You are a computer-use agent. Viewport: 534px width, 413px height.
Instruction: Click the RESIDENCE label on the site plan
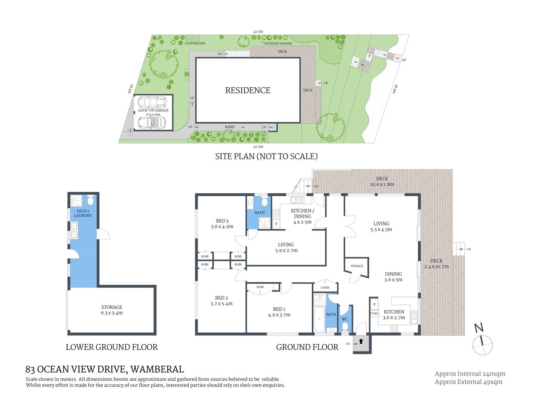(x=248, y=90)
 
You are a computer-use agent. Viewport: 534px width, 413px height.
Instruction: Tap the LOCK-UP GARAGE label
(x=153, y=110)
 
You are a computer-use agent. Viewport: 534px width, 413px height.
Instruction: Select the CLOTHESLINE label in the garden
(x=195, y=43)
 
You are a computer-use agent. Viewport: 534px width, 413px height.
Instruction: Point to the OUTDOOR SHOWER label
(x=277, y=43)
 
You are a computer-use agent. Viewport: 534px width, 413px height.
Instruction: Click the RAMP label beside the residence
(x=230, y=127)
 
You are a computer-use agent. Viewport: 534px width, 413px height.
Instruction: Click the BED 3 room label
(x=222, y=221)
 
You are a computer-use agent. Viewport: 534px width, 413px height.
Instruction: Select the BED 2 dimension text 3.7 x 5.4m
(x=221, y=304)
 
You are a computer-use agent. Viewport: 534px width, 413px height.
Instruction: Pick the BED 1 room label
(x=279, y=309)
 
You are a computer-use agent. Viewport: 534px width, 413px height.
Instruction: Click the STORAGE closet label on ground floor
(x=356, y=266)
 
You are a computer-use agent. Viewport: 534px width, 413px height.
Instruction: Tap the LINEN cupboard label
(x=325, y=287)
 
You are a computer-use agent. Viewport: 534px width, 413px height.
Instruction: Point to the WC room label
(x=345, y=319)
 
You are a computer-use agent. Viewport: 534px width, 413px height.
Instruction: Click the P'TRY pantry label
(x=374, y=314)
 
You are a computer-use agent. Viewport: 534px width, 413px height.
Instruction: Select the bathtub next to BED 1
(x=319, y=320)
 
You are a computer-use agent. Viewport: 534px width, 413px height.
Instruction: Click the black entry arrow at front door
(x=361, y=341)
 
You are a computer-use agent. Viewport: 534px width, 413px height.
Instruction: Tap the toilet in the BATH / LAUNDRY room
(x=90, y=200)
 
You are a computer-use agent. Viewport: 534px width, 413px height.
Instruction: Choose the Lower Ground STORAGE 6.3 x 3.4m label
(x=112, y=310)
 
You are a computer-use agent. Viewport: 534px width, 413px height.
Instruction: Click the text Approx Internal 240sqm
(x=470, y=374)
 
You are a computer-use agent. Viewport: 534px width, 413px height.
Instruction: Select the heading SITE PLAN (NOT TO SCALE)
(x=266, y=156)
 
